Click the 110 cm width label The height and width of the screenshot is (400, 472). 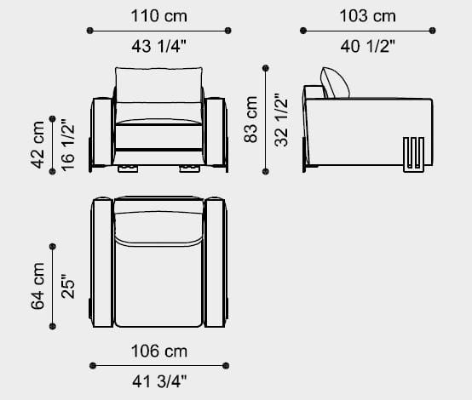[159, 16]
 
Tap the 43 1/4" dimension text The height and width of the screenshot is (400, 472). [159, 46]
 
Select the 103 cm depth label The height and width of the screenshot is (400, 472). [367, 16]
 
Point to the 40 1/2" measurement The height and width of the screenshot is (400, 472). [367, 46]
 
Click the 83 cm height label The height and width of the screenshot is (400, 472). [250, 119]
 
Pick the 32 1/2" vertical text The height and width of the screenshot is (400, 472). [281, 120]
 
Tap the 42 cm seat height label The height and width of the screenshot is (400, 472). [37, 145]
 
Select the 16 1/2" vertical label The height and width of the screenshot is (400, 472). [67, 145]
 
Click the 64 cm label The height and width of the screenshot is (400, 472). [37, 286]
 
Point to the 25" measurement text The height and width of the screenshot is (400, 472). [67, 286]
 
